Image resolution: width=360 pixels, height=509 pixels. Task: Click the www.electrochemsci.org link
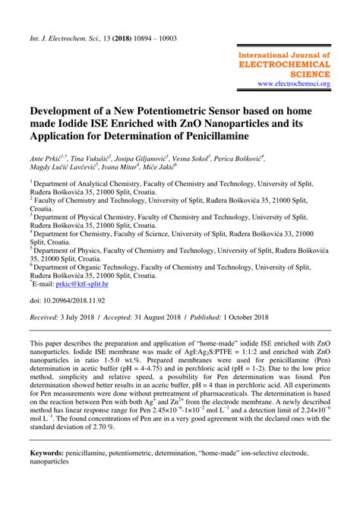point(293,84)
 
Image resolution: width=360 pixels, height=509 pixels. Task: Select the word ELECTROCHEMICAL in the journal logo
point(284,65)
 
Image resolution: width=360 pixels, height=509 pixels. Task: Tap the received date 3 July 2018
point(82,320)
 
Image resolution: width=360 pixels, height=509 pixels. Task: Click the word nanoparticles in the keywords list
point(53,463)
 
